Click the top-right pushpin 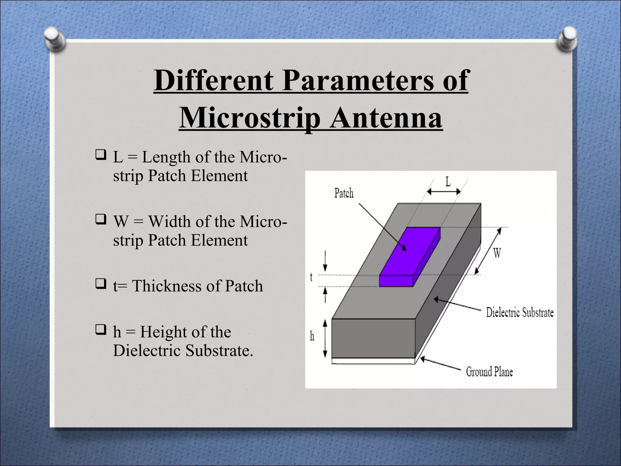567,40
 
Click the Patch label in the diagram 344,193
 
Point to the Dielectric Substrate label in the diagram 520,312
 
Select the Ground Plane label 489,372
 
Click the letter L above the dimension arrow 448,182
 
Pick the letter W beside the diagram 497,252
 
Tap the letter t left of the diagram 311,277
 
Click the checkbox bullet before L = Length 100,155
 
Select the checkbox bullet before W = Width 100,220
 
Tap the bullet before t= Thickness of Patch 100,284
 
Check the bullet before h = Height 100,330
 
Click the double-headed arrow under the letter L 444,192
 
